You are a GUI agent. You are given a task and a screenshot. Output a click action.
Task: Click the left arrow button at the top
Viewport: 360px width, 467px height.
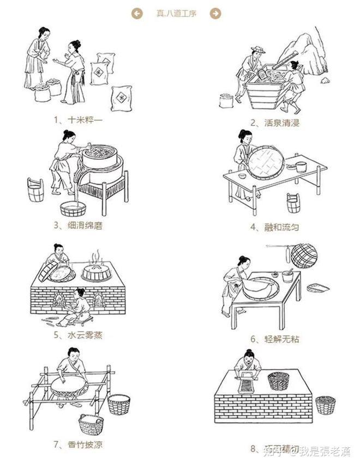click(x=137, y=14)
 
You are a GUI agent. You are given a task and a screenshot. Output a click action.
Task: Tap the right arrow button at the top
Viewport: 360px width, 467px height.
click(x=215, y=14)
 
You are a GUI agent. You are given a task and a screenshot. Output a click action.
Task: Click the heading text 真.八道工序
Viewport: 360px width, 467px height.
click(x=176, y=14)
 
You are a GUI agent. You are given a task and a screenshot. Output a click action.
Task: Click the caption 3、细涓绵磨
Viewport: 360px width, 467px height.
click(x=78, y=225)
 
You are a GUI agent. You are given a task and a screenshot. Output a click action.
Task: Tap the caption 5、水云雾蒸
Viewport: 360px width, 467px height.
click(x=78, y=335)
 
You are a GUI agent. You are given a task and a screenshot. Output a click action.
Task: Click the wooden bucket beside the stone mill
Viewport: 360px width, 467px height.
click(x=35, y=190)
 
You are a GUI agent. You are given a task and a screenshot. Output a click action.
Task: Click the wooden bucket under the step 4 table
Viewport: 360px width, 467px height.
click(x=293, y=203)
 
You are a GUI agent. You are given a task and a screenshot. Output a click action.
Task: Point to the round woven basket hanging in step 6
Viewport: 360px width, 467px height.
click(x=304, y=256)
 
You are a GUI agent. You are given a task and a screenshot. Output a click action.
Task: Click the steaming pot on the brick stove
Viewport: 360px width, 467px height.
click(x=97, y=271)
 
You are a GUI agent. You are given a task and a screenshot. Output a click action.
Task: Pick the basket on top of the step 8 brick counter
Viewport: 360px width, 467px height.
click(x=278, y=380)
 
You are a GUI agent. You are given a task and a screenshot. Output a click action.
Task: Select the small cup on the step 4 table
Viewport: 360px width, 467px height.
click(x=301, y=167)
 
